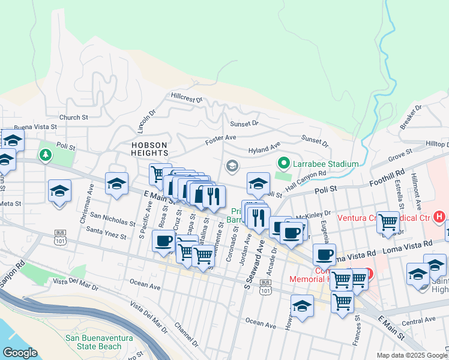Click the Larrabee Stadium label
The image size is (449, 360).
[326, 164]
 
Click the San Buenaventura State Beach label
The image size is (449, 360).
[101, 342]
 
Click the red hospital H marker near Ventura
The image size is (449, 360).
[439, 216]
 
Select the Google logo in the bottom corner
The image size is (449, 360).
[19, 353]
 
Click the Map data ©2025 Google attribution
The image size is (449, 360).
[412, 355]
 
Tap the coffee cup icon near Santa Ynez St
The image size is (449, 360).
[164, 242]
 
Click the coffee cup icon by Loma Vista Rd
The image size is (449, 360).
[325, 254]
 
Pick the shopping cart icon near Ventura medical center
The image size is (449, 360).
[388, 221]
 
